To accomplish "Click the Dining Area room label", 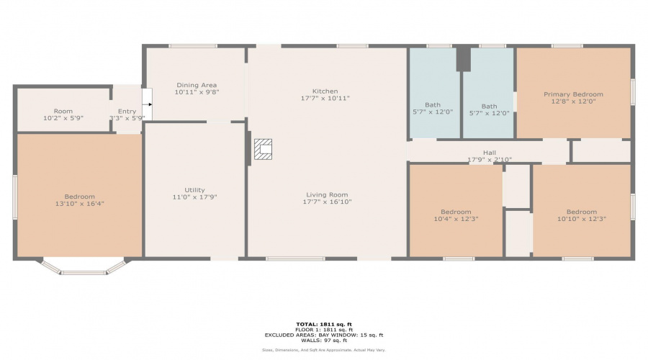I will (197, 85).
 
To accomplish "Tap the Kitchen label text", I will (325, 91).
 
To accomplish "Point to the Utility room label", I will (194, 190).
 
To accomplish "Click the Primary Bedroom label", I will (573, 94).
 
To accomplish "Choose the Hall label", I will (490, 153).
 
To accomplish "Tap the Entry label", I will (127, 111).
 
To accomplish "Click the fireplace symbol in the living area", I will (263, 150).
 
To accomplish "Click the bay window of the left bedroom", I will (83, 269).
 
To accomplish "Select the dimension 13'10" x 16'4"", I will (79, 204).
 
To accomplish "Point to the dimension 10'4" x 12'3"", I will (456, 219).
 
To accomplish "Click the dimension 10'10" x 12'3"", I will (581, 219).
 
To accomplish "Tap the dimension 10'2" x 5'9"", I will (63, 118).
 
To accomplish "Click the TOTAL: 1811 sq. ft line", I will (323, 324).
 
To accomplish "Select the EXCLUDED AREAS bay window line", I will (323, 335).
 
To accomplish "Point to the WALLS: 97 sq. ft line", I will (323, 341).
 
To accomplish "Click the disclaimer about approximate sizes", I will (323, 350).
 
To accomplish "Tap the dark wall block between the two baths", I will (463, 59).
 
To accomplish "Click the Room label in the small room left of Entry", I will (63, 111).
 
